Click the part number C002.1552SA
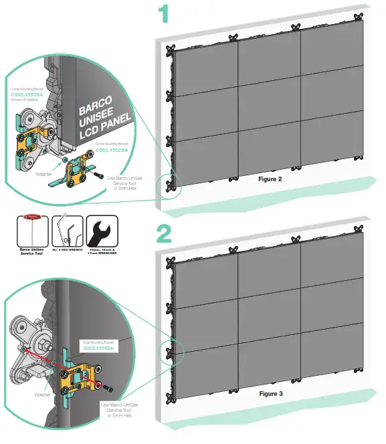tap(112, 150)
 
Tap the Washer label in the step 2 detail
tap(41, 395)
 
